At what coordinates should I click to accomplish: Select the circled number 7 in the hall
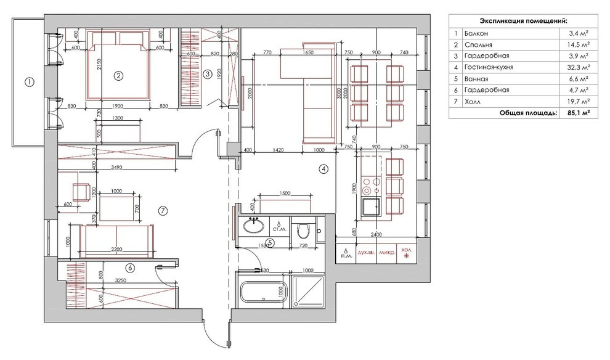click(x=163, y=211)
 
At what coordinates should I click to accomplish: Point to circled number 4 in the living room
click(x=323, y=168)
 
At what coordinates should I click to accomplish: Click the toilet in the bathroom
click(x=303, y=231)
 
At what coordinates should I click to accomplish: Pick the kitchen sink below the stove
click(x=371, y=206)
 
